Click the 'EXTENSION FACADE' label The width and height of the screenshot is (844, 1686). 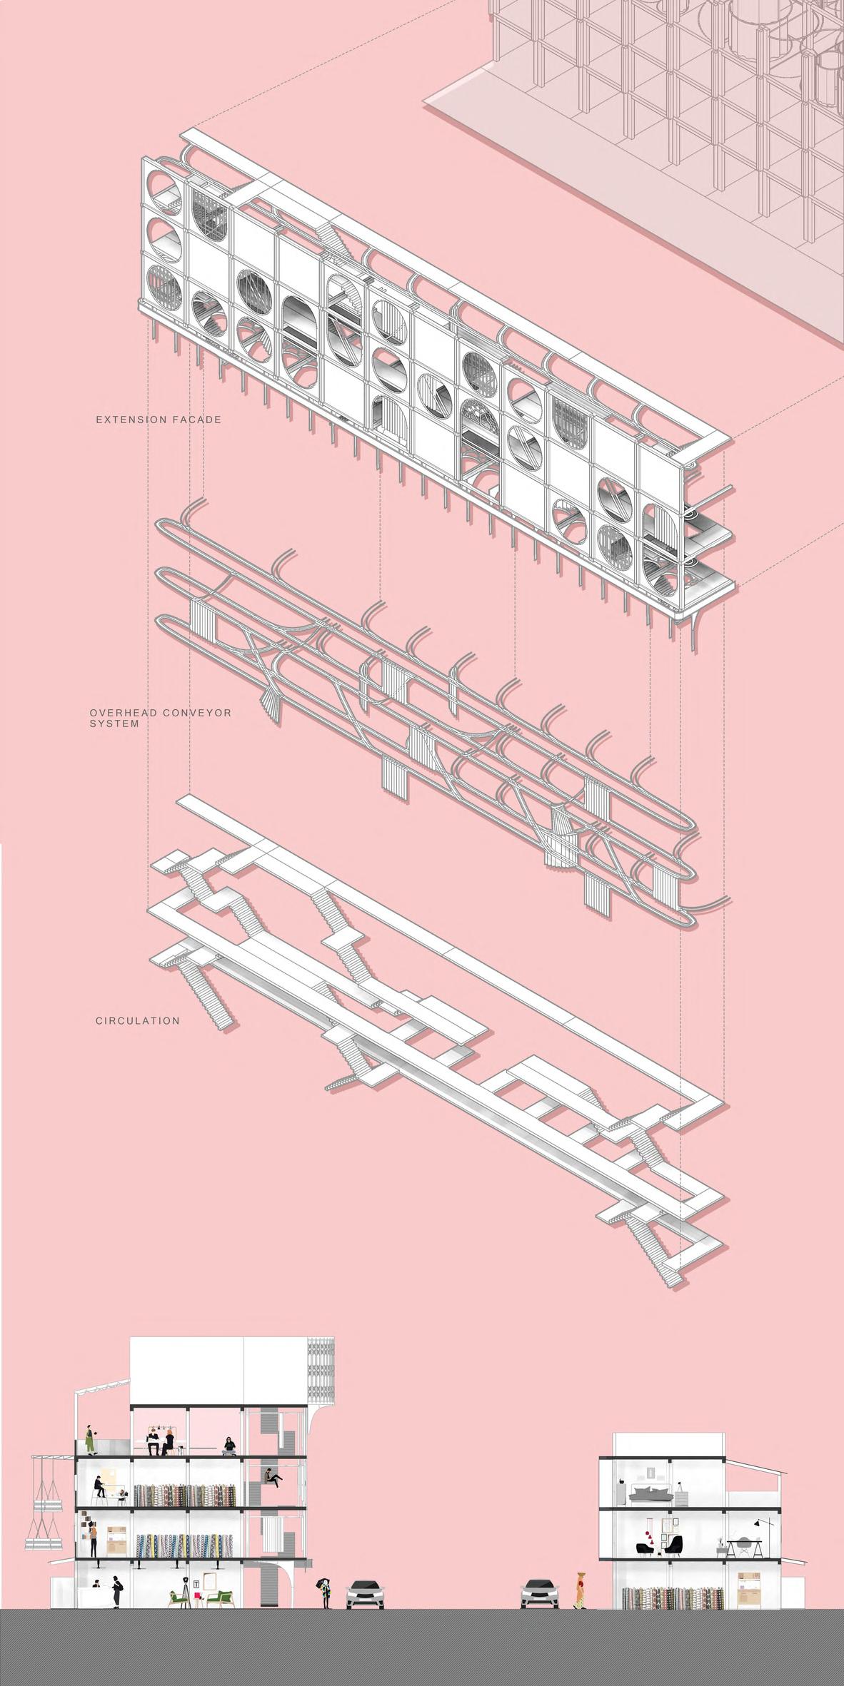click(x=159, y=420)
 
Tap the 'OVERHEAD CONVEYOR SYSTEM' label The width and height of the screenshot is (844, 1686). click(x=151, y=717)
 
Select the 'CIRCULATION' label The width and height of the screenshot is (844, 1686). click(x=138, y=1021)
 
